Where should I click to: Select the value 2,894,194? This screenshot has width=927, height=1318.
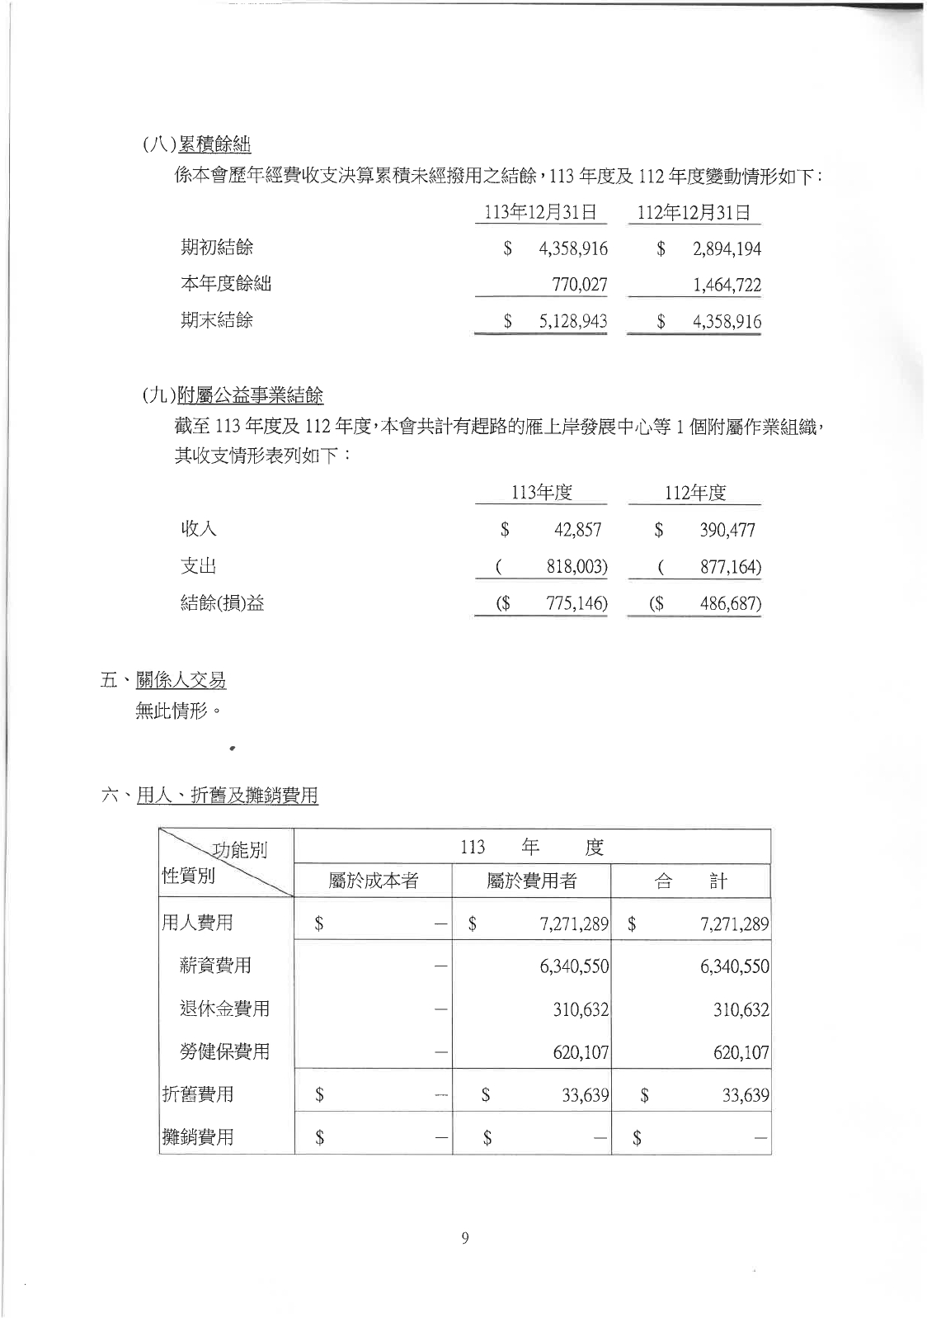click(x=727, y=249)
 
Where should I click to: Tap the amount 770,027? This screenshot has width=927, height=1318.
click(x=580, y=286)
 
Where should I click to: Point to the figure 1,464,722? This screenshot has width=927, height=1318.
click(x=727, y=286)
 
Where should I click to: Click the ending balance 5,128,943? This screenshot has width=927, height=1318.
click(x=573, y=322)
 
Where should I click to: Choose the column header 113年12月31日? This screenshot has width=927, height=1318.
click(x=540, y=212)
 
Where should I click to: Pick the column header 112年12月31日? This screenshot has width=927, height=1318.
click(x=694, y=212)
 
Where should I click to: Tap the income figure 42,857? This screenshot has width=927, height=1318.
click(x=577, y=530)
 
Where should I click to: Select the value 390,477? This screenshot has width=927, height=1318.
click(x=727, y=530)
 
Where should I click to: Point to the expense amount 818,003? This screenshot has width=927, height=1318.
click(x=576, y=567)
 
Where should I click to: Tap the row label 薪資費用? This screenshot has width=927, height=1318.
click(x=215, y=966)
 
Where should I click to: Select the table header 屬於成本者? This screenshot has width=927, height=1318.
click(x=373, y=881)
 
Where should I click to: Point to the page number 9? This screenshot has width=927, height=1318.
click(x=465, y=1238)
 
